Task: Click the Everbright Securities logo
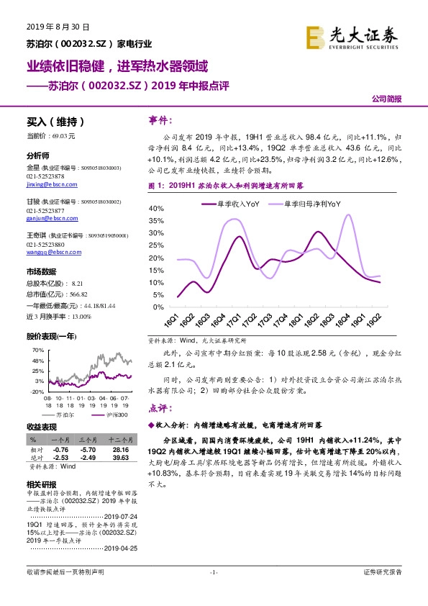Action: [x=352, y=36]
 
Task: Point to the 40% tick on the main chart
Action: [x=156, y=208]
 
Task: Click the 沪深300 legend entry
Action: [x=97, y=415]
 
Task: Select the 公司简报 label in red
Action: [x=387, y=99]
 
